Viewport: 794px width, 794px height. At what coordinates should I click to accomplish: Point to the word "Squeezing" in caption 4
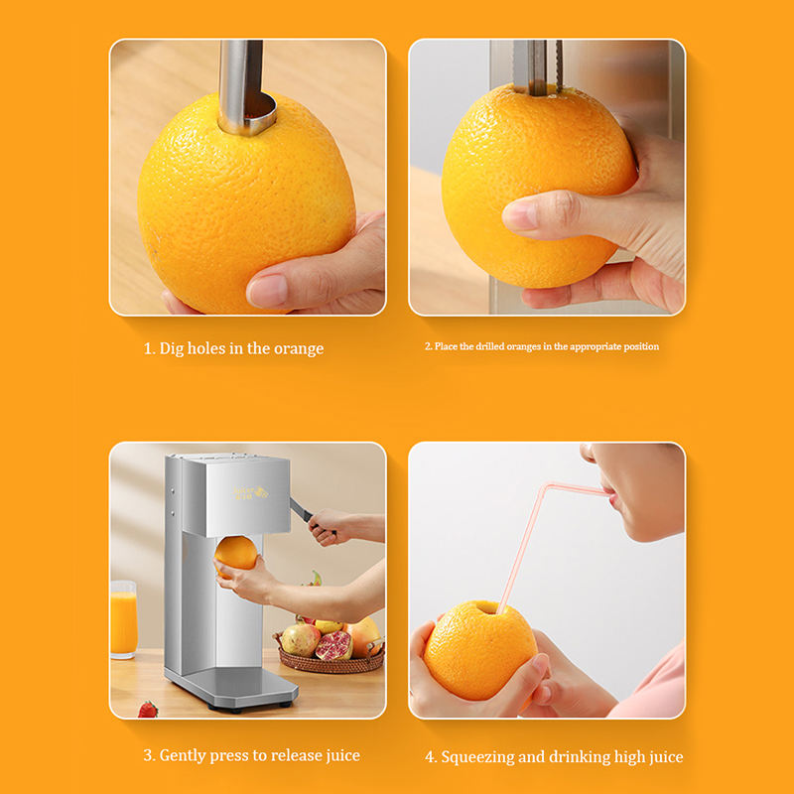[x=478, y=757]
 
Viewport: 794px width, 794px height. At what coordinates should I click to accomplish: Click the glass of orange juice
[x=123, y=619]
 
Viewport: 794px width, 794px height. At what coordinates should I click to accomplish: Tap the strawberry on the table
[x=148, y=709]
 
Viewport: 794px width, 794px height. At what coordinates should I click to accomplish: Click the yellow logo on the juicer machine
[x=250, y=492]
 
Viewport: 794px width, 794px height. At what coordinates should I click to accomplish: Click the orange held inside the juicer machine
[x=235, y=555]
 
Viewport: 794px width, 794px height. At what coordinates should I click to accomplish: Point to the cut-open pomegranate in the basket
[x=334, y=646]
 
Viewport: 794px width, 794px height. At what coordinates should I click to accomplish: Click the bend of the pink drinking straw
[x=546, y=487]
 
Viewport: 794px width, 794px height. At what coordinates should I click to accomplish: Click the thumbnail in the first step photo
[x=268, y=291]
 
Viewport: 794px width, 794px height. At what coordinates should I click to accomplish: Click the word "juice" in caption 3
[x=342, y=755]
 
